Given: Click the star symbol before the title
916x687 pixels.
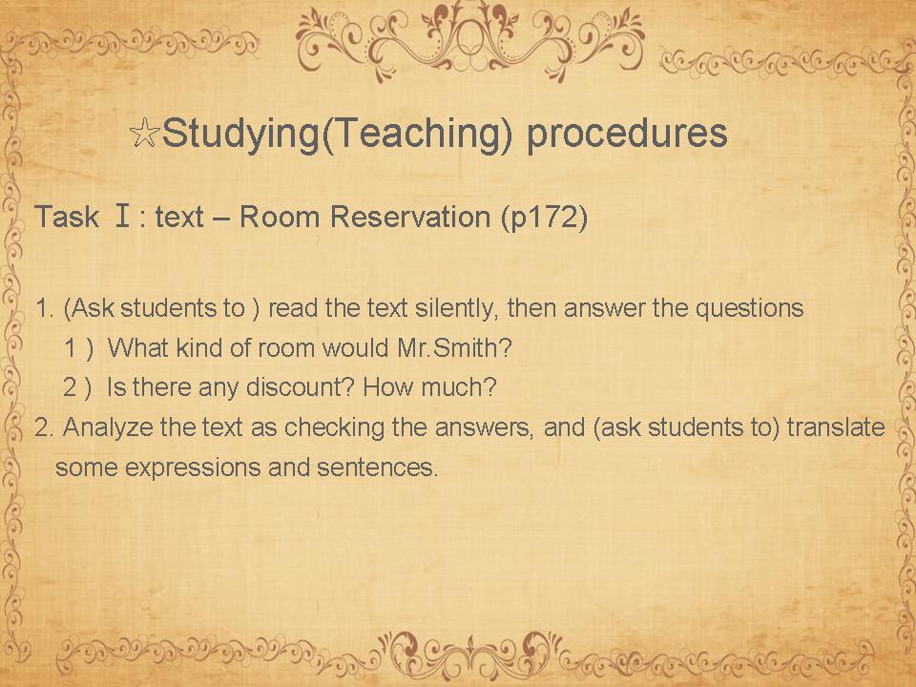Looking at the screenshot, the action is tap(144, 134).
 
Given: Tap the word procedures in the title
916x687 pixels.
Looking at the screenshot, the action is tap(627, 135).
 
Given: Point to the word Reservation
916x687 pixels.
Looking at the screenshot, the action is tap(410, 217).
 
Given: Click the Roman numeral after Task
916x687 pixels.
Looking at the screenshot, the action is tap(122, 216).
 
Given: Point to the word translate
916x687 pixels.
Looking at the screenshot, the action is tap(836, 427).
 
